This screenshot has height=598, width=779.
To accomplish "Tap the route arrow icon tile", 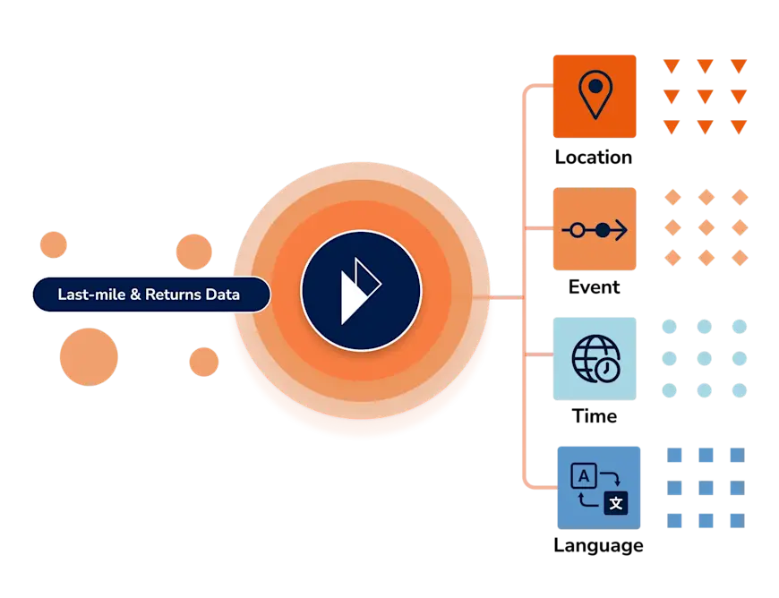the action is coord(595,229).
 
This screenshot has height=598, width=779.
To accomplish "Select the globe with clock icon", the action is coord(595,358).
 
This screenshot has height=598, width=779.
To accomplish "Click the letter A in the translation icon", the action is coord(583,476).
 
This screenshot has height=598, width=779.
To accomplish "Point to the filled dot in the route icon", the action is coord(604,230).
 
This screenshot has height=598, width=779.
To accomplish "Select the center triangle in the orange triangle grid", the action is coord(705,94).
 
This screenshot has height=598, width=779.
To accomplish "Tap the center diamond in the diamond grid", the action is coord(705,226).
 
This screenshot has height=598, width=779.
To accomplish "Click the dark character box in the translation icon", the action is coord(614,502).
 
